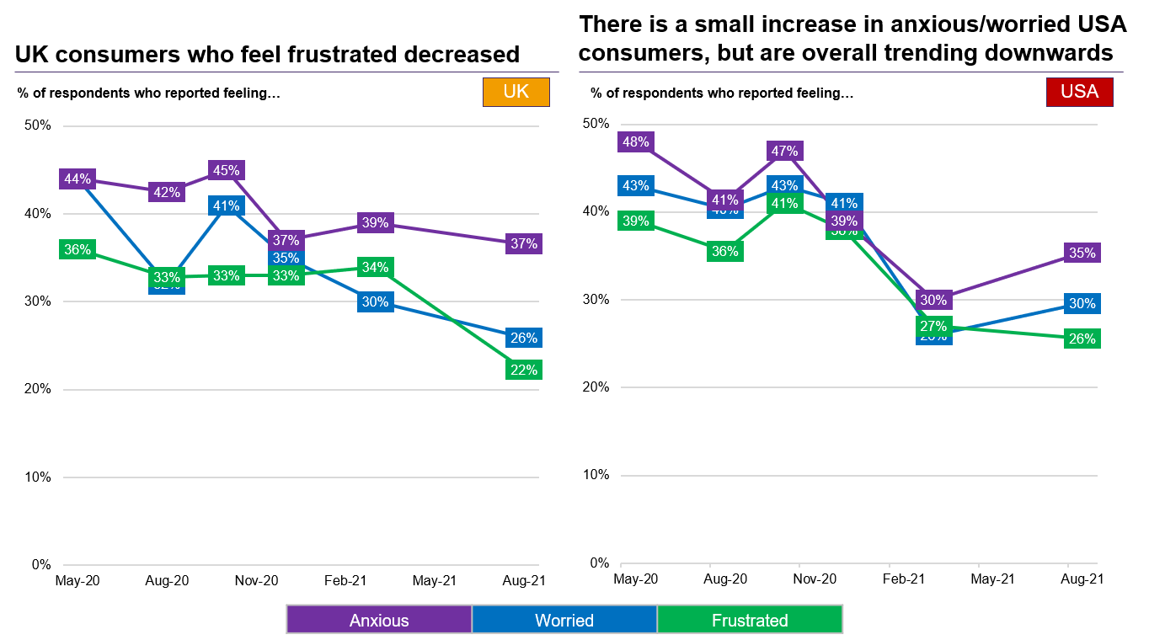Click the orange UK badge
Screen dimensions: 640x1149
coord(516,92)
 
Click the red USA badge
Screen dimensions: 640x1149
coord(1079,92)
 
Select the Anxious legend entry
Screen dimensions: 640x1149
coord(379,621)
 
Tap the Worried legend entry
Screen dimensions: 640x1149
coord(564,621)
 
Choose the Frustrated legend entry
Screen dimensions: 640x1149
coord(750,621)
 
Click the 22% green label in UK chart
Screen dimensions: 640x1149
coord(524,370)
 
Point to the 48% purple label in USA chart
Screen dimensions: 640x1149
coord(635,142)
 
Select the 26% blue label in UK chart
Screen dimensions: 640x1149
coord(524,339)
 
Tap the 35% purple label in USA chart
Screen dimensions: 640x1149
coord(1082,253)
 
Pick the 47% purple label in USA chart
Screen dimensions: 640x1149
coord(783,152)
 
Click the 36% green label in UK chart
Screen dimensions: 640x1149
coord(77,250)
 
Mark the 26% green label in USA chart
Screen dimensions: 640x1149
coord(1082,339)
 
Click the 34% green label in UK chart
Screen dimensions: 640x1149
coord(375,268)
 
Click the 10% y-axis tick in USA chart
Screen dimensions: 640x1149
coord(597,475)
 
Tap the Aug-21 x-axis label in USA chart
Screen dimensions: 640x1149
coord(1082,579)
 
